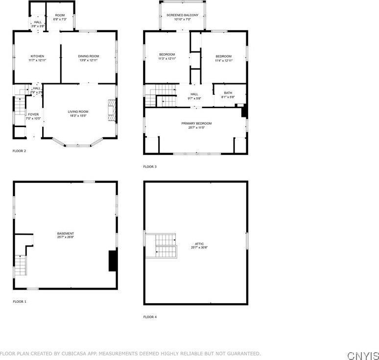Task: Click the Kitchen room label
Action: click(37, 56)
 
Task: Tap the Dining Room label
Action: click(89, 56)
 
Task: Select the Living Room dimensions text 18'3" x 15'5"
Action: click(78, 115)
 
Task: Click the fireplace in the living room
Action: click(112, 111)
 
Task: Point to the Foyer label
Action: click(33, 114)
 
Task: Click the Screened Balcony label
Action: click(183, 15)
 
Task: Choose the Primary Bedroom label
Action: click(196, 123)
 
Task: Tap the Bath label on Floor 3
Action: click(228, 93)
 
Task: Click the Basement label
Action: click(66, 233)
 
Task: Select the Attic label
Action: click(199, 244)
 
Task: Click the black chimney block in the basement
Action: click(113, 261)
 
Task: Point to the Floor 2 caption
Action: click(19, 151)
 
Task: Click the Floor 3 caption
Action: click(150, 167)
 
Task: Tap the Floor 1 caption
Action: click(20, 302)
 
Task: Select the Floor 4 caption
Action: click(150, 317)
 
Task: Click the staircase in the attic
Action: click(161, 246)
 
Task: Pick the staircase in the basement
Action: click(20, 265)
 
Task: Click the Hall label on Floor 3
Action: click(194, 94)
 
